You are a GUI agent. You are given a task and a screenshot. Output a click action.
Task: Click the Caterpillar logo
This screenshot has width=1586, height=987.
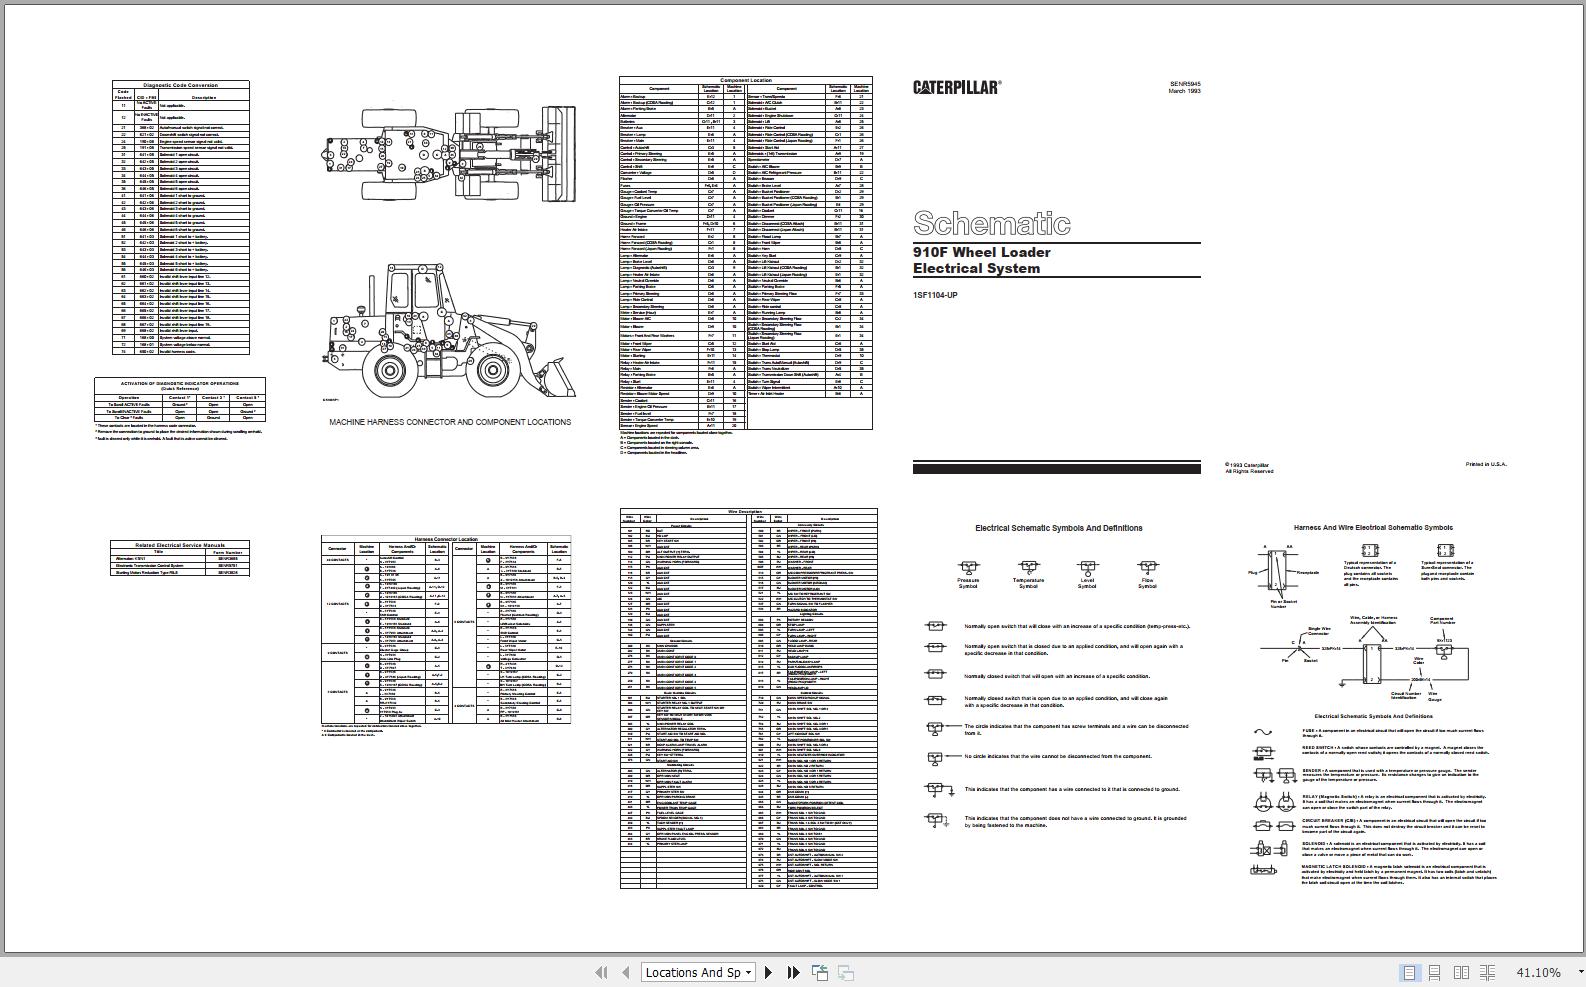click(x=956, y=87)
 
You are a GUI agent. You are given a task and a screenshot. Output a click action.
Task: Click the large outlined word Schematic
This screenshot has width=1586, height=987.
click(x=991, y=223)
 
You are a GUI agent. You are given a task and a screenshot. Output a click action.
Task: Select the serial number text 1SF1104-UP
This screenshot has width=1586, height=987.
click(x=935, y=295)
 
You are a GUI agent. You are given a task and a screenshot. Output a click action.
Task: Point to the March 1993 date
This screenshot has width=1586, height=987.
click(x=1184, y=91)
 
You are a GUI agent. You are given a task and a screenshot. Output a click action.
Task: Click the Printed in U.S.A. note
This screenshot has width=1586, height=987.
click(x=1485, y=464)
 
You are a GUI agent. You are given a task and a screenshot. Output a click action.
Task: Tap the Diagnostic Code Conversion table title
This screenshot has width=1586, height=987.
click(x=180, y=85)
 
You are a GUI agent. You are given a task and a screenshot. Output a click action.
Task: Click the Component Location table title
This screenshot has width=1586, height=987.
click(x=745, y=80)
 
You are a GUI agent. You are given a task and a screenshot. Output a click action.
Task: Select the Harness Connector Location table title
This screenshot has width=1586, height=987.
click(x=446, y=539)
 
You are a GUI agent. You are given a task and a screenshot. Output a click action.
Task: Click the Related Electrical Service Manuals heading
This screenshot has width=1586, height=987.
click(x=180, y=545)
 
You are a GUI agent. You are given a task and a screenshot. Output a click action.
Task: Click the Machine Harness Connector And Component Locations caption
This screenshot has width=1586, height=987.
click(x=450, y=422)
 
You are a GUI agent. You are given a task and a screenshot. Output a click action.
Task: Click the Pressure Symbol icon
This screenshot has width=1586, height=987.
click(x=968, y=567)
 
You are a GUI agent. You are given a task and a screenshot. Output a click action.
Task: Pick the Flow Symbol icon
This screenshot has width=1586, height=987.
click(x=1147, y=567)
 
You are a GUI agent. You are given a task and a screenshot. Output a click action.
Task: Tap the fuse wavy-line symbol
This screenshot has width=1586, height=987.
click(x=1263, y=732)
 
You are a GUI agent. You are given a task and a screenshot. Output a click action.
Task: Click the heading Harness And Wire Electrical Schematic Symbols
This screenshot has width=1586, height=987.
click(x=1373, y=527)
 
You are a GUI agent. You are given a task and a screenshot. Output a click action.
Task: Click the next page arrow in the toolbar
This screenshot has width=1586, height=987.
click(x=768, y=972)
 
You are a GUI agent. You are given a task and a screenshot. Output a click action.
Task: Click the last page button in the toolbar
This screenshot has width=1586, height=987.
click(x=793, y=972)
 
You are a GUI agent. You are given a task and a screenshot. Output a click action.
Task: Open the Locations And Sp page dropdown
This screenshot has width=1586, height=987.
click(x=698, y=972)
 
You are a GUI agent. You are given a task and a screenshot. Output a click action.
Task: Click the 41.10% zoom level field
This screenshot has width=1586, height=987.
click(x=1538, y=972)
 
